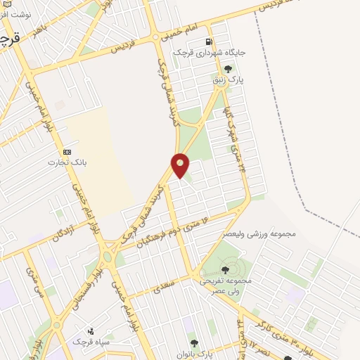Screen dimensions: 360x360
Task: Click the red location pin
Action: click(180, 165)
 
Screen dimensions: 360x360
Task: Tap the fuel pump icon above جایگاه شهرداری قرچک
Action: click(208, 41)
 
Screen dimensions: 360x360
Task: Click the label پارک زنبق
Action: click(228, 81)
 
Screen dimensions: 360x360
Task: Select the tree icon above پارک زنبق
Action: click(228, 69)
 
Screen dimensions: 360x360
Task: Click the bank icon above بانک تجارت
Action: click(67, 152)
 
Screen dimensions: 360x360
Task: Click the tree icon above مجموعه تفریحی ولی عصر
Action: click(225, 269)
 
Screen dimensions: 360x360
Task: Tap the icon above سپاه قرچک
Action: click(90, 330)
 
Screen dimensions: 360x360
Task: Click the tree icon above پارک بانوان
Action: click(195, 342)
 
